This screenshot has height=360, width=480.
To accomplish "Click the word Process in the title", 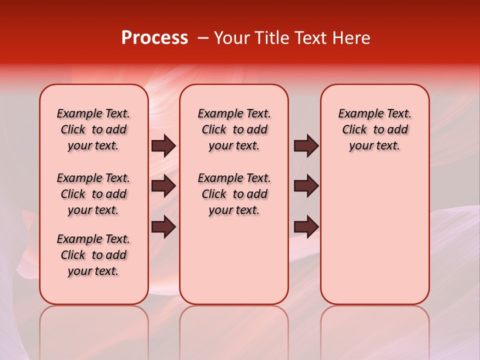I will [x=154, y=38].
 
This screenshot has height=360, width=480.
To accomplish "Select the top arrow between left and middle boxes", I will [x=163, y=146].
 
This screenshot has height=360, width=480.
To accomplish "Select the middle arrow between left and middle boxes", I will [x=163, y=186].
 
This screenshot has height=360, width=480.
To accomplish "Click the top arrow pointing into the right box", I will [x=306, y=146].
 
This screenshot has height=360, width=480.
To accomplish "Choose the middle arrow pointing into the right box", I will [x=306, y=186].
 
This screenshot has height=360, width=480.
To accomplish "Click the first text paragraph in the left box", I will [x=93, y=129].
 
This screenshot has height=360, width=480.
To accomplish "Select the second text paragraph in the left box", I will [x=93, y=194].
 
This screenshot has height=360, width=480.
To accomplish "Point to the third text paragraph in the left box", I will [x=93, y=255].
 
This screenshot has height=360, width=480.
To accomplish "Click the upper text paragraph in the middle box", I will [x=234, y=129].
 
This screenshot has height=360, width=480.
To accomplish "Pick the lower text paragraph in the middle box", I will [x=234, y=194].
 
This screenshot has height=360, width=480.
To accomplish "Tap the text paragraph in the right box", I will [x=374, y=129].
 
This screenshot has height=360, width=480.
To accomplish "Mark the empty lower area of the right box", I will [x=374, y=235].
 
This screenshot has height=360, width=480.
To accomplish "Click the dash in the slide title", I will [x=202, y=38].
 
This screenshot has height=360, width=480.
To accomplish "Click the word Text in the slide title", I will [x=310, y=38].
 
